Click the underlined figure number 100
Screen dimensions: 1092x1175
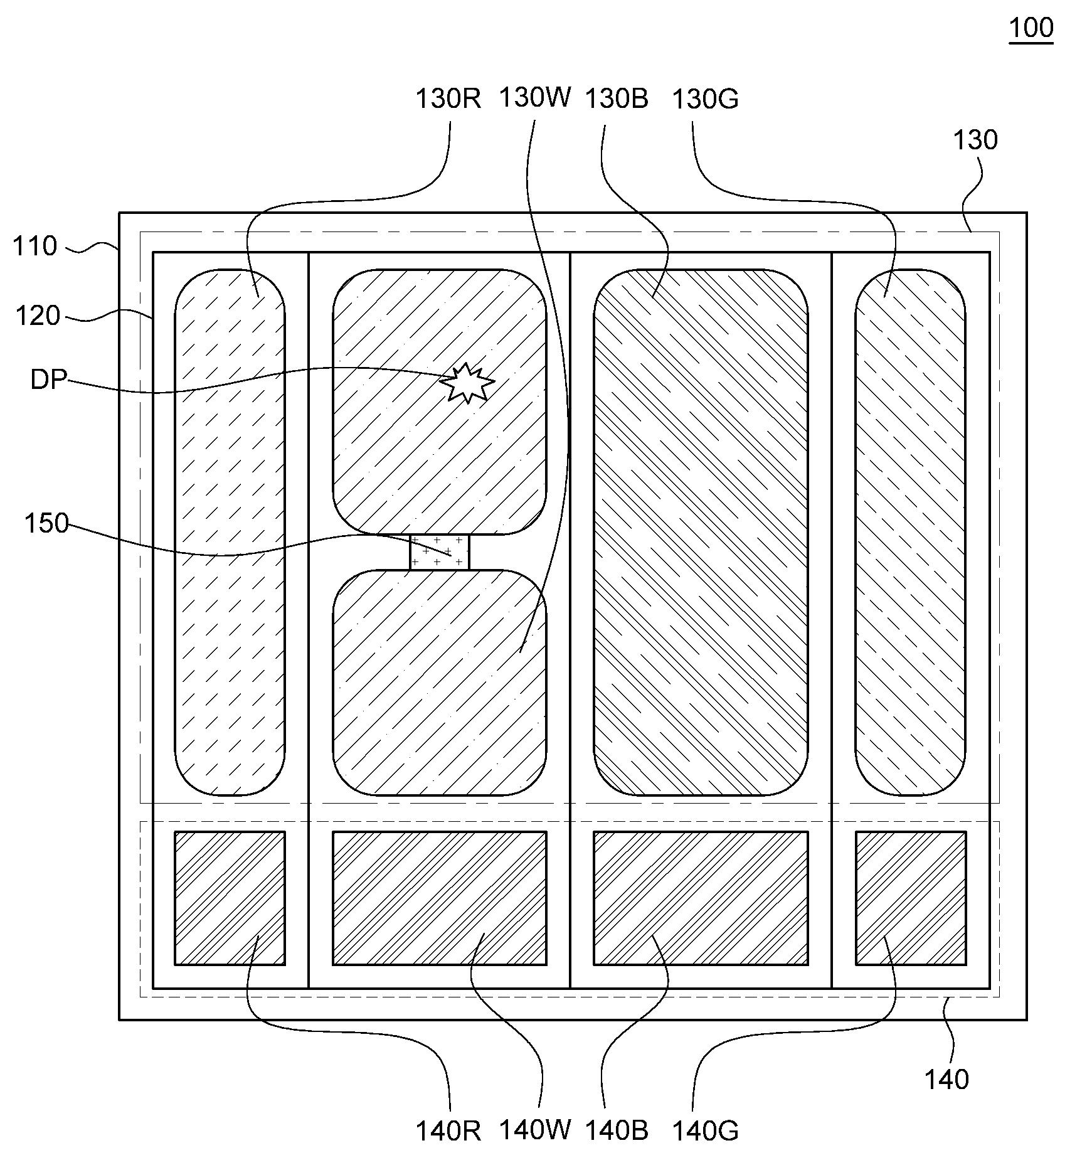click(x=1031, y=28)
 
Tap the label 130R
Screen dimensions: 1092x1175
click(x=448, y=98)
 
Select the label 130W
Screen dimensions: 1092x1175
click(x=535, y=97)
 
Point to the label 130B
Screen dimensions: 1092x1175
click(x=617, y=98)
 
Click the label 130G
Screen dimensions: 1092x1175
click(x=705, y=98)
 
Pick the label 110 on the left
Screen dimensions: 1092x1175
click(x=35, y=246)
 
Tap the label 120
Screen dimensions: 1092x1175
click(x=38, y=316)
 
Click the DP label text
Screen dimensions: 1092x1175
click(x=49, y=380)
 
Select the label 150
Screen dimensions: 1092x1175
click(x=46, y=523)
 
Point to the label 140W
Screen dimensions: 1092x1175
click(x=535, y=1129)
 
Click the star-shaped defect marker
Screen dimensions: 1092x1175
click(x=467, y=383)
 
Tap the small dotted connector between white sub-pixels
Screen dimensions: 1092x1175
click(x=439, y=553)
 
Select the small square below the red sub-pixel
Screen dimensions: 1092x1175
click(x=230, y=898)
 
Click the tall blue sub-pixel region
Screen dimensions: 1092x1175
click(x=701, y=533)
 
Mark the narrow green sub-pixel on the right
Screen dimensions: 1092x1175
click(x=910, y=533)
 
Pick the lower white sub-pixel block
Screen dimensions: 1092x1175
click(x=439, y=683)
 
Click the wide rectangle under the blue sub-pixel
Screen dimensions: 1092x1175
click(x=701, y=898)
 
